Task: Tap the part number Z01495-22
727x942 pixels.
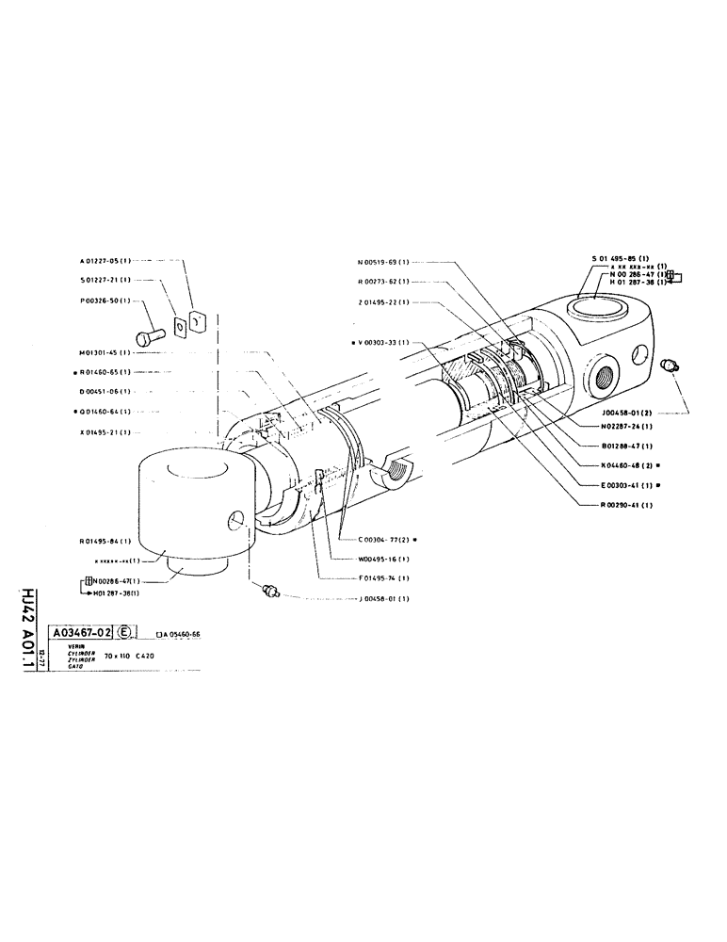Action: (x=381, y=302)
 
